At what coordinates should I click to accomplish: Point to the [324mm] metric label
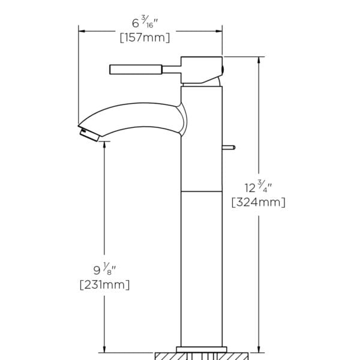pyautogui.click(x=258, y=202)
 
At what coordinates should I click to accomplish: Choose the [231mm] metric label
pyautogui.click(x=104, y=284)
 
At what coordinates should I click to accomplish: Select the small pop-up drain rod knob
pyautogui.click(x=230, y=146)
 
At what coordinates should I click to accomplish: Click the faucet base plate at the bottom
pyautogui.click(x=201, y=349)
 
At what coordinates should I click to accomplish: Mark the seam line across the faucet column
pyautogui.click(x=201, y=192)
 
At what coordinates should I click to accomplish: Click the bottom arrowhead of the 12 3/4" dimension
pyautogui.click(x=259, y=348)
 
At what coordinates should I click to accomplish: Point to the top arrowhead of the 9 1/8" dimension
pyautogui.click(x=105, y=145)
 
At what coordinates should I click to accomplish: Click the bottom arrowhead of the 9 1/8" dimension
pyautogui.click(x=105, y=348)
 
